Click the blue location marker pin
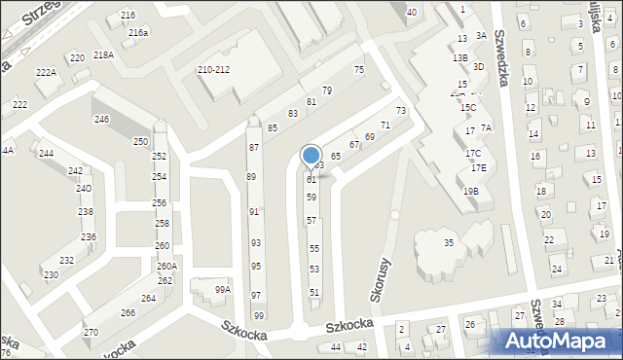point(311,157)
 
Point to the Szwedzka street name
point(502,57)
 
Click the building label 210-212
point(213,70)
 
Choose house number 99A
point(223,289)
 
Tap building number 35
point(449,242)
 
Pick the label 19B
point(471,192)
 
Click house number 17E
point(478,167)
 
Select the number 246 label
point(101,119)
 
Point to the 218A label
point(104,55)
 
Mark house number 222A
point(46,73)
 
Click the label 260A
point(166,267)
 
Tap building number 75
point(358,69)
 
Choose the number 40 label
point(412,12)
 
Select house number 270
point(91,333)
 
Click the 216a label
point(138,32)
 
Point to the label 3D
point(478,67)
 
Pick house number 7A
point(487,127)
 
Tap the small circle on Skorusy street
point(395,215)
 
